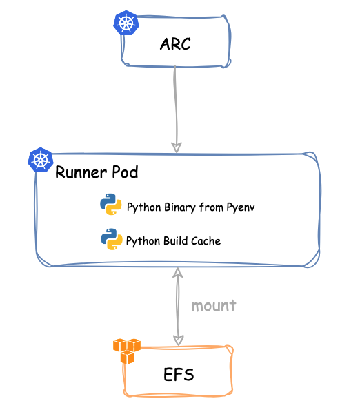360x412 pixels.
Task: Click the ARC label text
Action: click(x=175, y=44)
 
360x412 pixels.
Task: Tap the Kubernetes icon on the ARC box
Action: click(x=126, y=23)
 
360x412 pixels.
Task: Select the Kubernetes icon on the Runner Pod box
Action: click(x=41, y=160)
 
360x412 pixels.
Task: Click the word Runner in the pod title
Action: click(x=81, y=172)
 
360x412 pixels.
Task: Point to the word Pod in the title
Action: click(x=125, y=172)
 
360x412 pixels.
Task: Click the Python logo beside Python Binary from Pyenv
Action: click(x=111, y=204)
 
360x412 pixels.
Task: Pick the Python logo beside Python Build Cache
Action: click(x=112, y=239)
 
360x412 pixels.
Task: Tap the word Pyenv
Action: click(x=241, y=207)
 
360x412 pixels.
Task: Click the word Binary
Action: click(x=180, y=207)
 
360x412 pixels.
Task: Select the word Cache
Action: click(x=206, y=241)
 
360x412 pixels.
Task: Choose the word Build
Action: click(x=176, y=241)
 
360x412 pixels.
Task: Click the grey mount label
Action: click(x=214, y=306)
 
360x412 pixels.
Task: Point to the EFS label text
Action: click(x=179, y=374)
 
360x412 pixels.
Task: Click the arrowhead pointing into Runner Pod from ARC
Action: click(x=177, y=147)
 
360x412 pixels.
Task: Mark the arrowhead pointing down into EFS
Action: click(x=179, y=340)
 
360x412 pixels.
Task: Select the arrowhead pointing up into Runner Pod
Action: click(x=178, y=272)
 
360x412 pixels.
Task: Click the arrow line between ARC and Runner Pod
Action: click(x=176, y=109)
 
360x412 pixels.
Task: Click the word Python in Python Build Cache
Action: click(x=143, y=241)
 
